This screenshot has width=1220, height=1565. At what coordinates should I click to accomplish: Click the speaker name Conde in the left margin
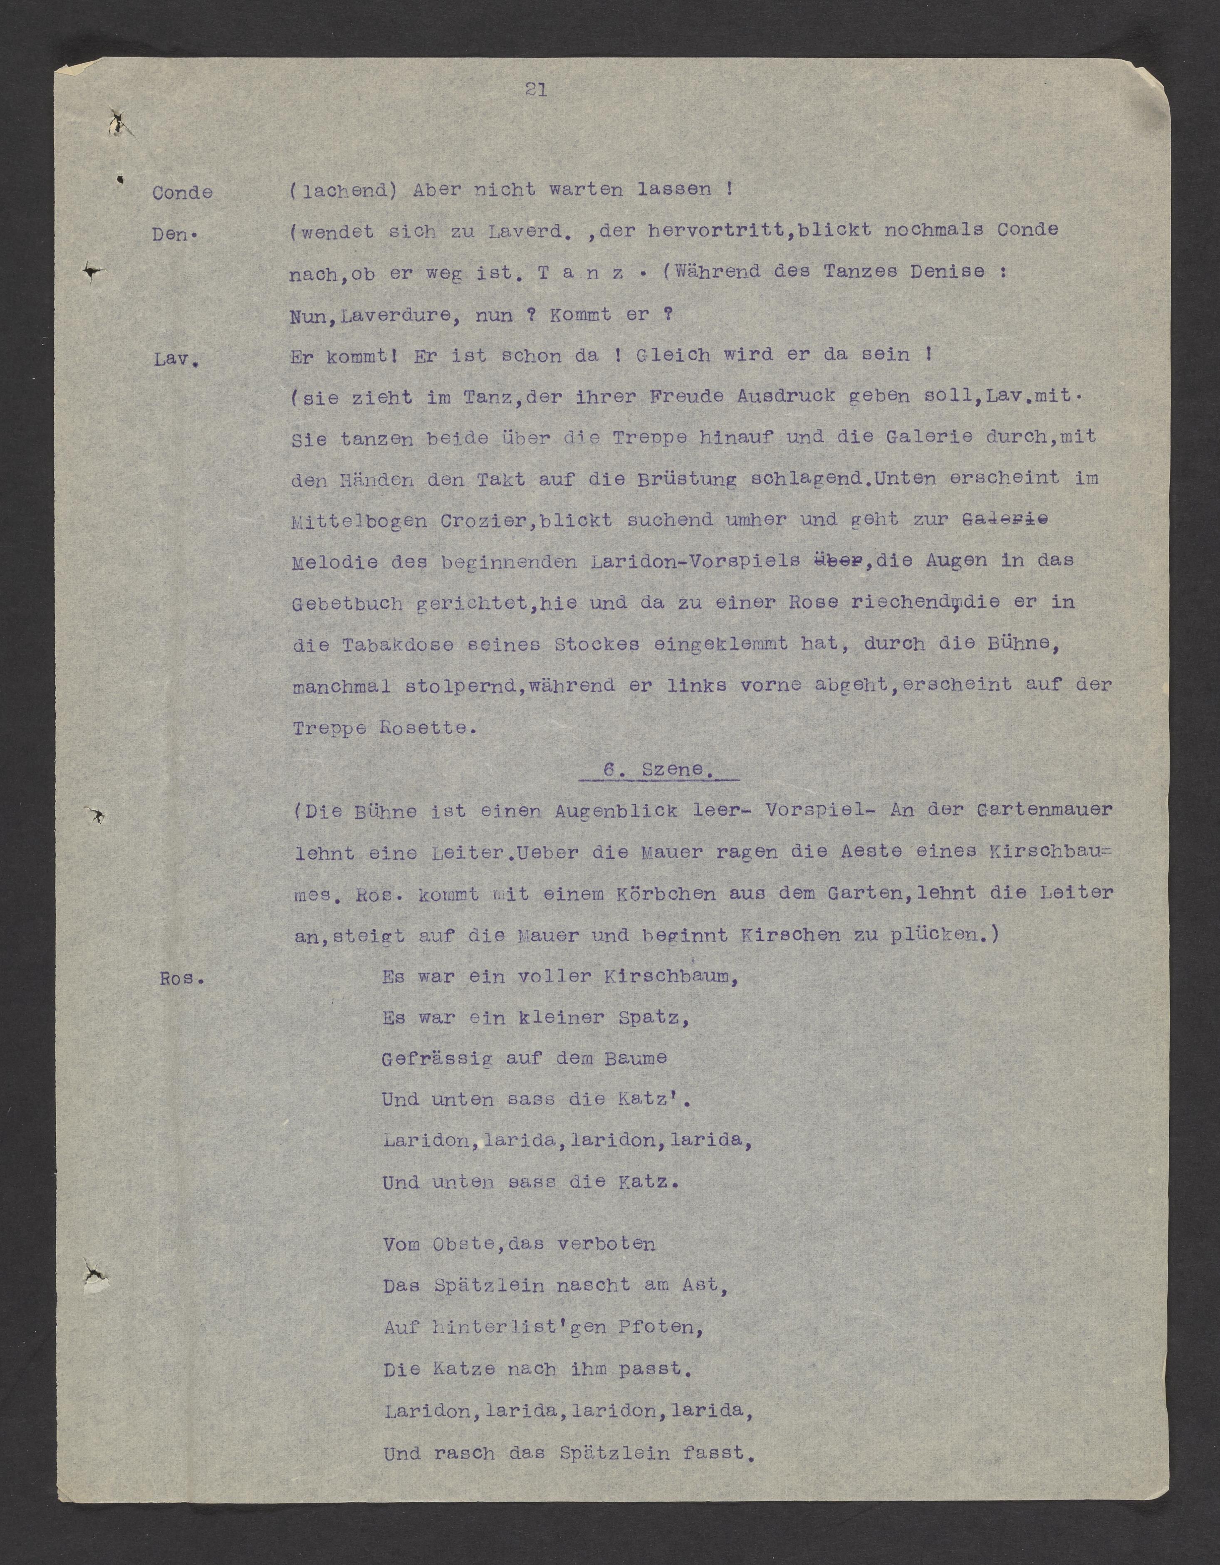pyautogui.click(x=182, y=193)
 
